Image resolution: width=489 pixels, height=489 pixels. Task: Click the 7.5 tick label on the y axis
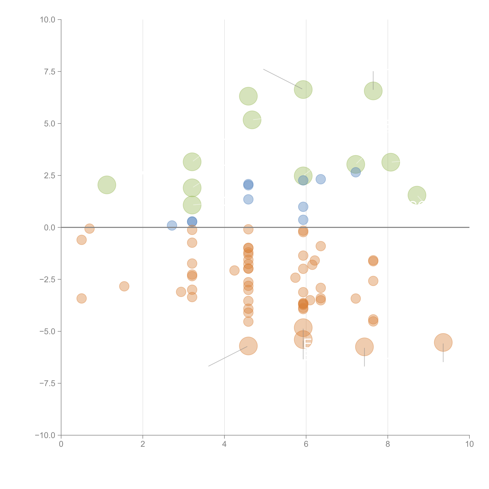click(50, 72)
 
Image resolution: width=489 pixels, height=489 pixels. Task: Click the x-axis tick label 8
click(388, 444)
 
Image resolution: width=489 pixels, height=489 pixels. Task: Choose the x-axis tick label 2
click(143, 444)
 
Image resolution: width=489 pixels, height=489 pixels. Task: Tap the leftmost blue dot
click(172, 225)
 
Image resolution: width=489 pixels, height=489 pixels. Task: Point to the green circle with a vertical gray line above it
click(373, 91)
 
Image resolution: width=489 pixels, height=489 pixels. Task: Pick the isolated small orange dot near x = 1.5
click(124, 286)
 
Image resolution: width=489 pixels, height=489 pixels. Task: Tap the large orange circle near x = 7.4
click(364, 347)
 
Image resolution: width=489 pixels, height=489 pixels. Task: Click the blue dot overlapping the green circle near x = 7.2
click(356, 173)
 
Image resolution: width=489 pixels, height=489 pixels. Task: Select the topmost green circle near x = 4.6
click(248, 96)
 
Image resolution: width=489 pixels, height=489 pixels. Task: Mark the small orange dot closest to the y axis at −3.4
click(81, 298)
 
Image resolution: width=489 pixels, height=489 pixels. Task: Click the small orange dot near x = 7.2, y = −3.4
click(356, 299)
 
